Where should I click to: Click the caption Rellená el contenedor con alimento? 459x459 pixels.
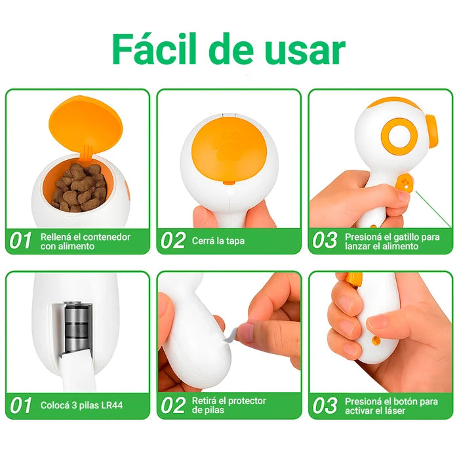85,241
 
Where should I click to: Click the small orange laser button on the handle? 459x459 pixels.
376,340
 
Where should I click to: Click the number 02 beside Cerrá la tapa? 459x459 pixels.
173,241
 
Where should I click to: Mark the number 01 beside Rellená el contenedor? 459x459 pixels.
20,241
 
